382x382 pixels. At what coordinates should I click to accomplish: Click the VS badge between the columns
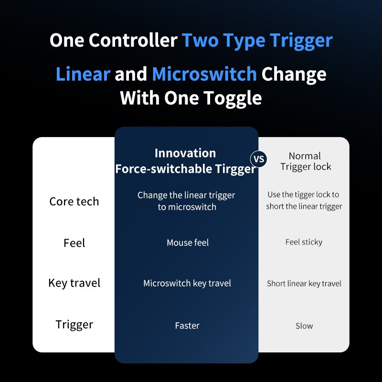pos(259,159)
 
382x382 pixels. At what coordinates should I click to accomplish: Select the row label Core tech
pos(74,202)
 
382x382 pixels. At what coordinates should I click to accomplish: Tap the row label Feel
pos(74,243)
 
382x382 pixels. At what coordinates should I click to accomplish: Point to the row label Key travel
pos(74,283)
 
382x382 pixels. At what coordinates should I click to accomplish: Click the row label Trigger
pos(74,325)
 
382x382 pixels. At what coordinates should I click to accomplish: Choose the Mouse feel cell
pos(188,243)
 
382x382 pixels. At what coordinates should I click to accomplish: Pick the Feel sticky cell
pos(304,242)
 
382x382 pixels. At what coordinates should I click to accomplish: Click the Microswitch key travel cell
pos(187,283)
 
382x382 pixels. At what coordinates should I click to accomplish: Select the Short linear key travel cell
pos(304,284)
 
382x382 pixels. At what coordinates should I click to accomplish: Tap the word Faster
pos(187,326)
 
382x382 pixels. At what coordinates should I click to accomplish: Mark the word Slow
pos(304,326)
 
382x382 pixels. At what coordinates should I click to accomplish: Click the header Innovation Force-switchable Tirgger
pos(185,161)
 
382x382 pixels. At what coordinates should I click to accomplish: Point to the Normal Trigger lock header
pos(305,161)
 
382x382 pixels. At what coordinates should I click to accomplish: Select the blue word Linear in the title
pos(83,74)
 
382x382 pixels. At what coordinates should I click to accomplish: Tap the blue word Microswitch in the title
pos(204,74)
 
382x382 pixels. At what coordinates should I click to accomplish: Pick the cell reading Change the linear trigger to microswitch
pos(187,201)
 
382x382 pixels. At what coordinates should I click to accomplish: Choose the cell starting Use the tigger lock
pos(304,201)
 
